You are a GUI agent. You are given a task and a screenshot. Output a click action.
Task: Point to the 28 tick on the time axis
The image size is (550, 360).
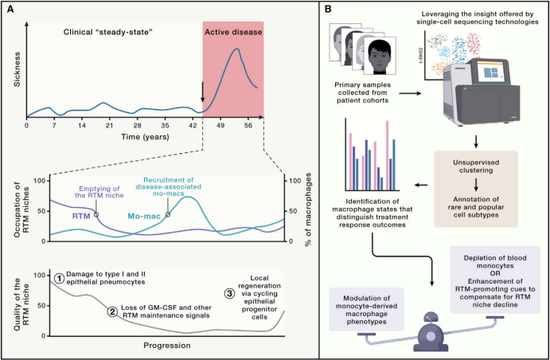[137, 125]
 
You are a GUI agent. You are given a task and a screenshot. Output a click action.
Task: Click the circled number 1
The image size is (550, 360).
[58, 279]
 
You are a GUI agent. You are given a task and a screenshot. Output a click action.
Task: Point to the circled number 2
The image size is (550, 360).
[113, 310]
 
